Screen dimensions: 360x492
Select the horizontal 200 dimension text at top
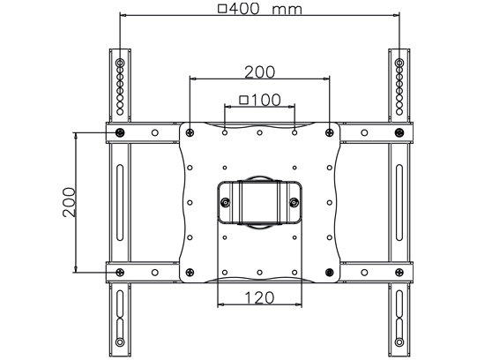click(259, 71)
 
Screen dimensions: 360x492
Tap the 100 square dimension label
click(260, 100)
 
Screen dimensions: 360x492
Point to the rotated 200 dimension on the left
click(68, 202)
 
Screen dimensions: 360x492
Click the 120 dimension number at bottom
click(259, 297)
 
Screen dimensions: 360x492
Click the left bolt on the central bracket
click(226, 203)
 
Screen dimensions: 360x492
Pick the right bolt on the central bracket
click(294, 203)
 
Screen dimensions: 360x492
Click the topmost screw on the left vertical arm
click(120, 64)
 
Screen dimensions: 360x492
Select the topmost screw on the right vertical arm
click(399, 64)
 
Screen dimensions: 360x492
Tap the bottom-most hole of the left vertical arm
click(120, 342)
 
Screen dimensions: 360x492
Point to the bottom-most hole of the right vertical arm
click(399, 342)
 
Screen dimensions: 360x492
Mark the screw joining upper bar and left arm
click(120, 132)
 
